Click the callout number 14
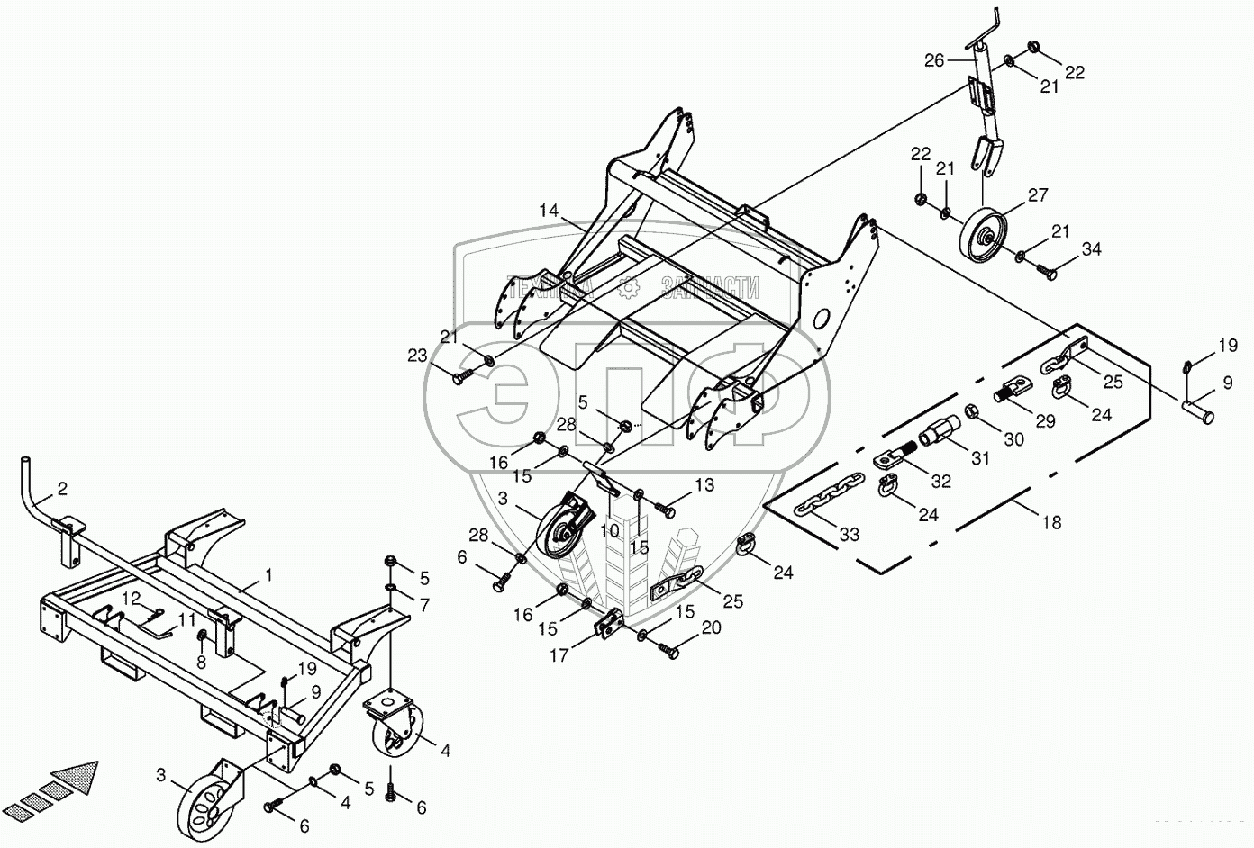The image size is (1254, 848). click(550, 211)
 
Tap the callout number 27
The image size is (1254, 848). click(1038, 195)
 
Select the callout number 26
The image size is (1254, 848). click(934, 60)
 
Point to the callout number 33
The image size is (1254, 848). click(849, 534)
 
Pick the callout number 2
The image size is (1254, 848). click(61, 489)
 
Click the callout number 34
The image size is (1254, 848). click(1092, 248)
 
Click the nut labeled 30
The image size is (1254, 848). click(973, 412)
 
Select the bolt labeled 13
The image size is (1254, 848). click(665, 510)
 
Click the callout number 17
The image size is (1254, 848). click(559, 655)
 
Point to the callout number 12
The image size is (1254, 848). click(132, 598)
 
